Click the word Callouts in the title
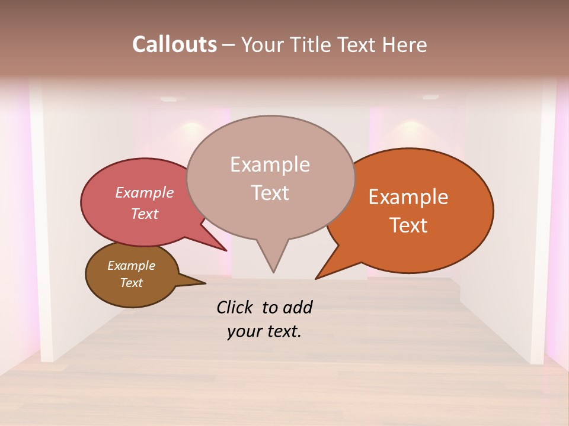click(174, 44)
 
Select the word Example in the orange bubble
click(408, 197)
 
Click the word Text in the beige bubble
click(270, 193)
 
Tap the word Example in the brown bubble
click(131, 266)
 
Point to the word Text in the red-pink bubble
click(145, 214)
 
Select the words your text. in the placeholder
click(264, 331)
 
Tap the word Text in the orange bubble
click(409, 225)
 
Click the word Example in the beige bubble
click(270, 164)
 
